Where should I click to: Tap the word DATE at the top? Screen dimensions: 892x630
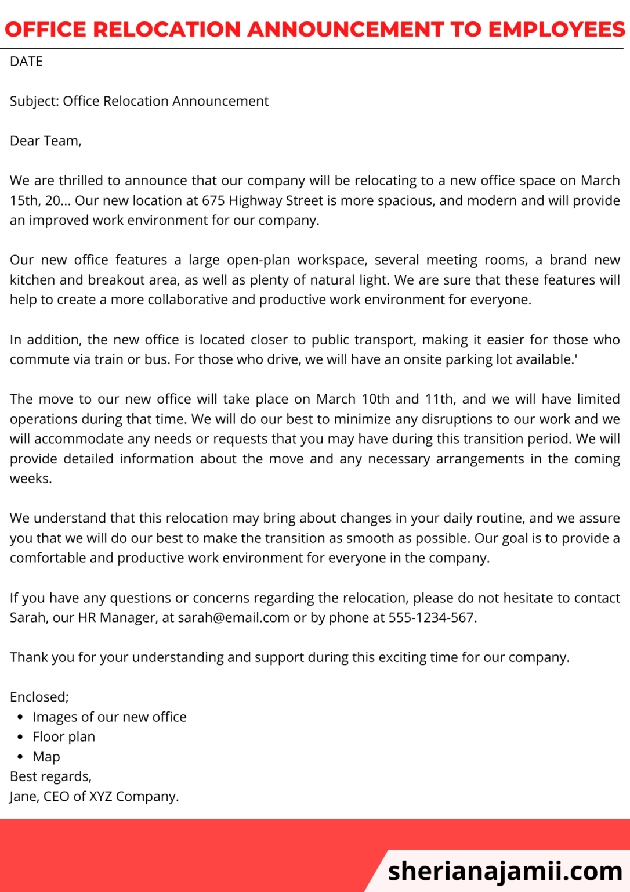26,62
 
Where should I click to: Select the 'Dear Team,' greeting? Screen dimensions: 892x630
45,141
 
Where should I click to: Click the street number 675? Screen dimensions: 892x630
213,201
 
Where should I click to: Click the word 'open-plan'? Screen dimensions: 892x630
258,260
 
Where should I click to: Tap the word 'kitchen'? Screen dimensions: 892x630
32,280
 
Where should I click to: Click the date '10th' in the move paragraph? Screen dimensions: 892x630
375,400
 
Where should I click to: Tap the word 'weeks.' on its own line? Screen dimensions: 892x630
31,479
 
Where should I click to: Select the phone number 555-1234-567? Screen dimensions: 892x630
432,618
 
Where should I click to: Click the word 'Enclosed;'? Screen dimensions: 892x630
39,697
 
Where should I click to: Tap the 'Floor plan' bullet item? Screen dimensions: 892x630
64,737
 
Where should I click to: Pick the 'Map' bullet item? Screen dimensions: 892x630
46,757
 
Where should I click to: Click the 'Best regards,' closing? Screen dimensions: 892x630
50,776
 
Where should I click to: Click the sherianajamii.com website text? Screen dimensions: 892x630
505,871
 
